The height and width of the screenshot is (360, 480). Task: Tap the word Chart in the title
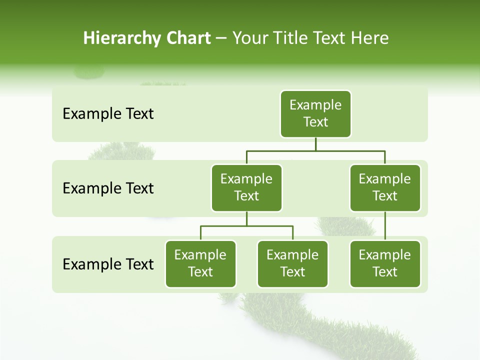pos(188,38)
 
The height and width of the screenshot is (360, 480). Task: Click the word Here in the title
pos(369,38)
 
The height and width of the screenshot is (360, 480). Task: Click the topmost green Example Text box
pos(315,114)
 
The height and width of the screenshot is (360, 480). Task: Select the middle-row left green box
pos(246,188)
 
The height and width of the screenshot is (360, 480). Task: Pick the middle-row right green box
pos(385,188)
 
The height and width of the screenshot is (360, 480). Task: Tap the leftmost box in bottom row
pos(200,264)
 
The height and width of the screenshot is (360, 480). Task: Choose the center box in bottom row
pos(292,264)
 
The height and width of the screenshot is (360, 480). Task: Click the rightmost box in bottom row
pos(385,264)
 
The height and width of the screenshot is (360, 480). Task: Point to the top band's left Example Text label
pos(108,114)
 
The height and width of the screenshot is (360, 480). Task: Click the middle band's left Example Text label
pos(108,188)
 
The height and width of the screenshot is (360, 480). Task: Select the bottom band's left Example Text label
pos(108,264)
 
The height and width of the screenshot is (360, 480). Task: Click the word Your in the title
pos(248,38)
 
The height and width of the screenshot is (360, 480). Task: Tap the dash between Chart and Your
pos(221,39)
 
